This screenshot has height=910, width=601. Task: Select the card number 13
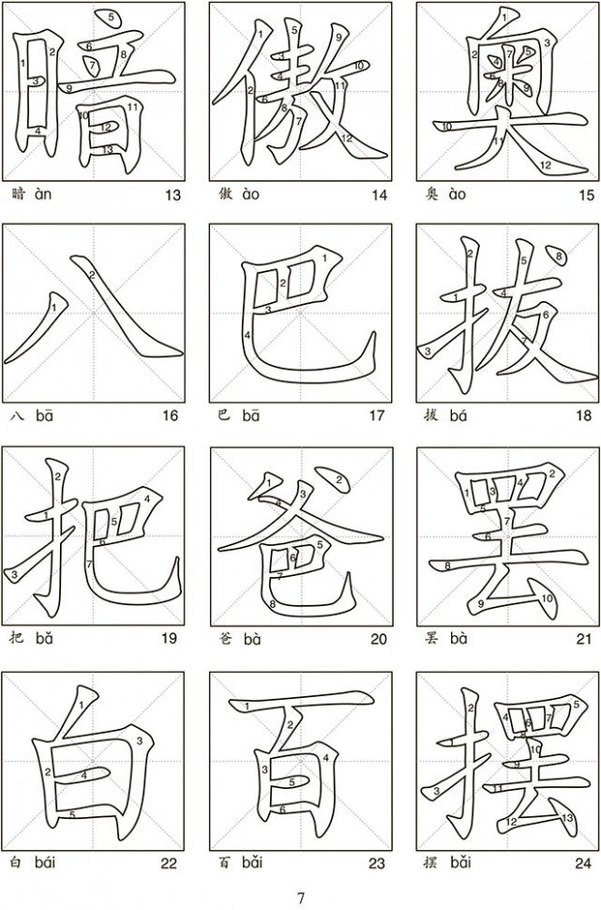click(x=173, y=195)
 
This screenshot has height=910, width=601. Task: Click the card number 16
click(x=170, y=416)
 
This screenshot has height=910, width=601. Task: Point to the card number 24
click(x=583, y=864)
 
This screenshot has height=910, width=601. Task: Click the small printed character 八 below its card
click(x=18, y=416)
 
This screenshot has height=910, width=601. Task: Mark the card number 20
click(x=379, y=639)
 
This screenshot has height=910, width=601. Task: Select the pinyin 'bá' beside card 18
click(x=458, y=415)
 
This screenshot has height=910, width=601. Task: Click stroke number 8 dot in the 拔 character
click(x=557, y=256)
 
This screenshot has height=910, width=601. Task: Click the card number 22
click(x=169, y=864)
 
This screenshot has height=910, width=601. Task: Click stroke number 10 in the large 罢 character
click(x=547, y=602)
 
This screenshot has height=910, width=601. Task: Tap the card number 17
click(x=377, y=416)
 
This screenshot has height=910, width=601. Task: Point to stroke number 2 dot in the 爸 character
click(x=336, y=478)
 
